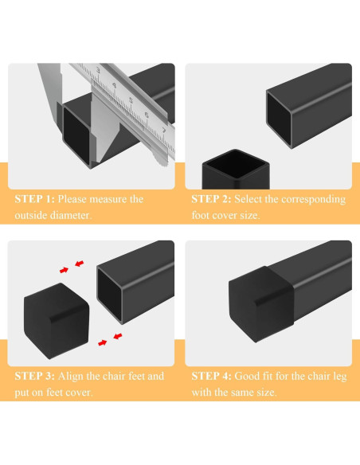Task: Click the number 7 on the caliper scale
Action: (163, 128)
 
